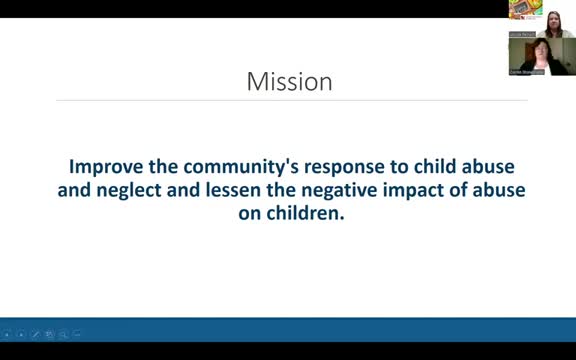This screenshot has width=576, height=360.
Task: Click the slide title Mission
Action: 289,81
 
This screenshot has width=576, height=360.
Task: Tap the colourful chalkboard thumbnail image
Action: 522,9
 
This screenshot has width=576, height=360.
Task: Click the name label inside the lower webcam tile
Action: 526,72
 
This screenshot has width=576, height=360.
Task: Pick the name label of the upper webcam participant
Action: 521,34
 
